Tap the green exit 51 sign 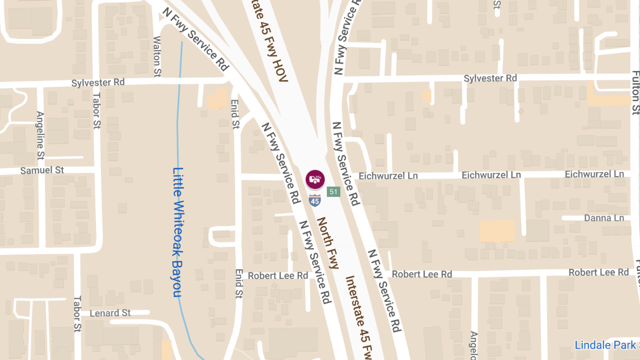[x=333, y=191]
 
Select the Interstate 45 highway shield [x=315, y=201]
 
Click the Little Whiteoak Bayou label [x=178, y=233]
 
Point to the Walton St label [x=157, y=56]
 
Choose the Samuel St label [x=42, y=171]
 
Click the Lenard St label [x=110, y=313]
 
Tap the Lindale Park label [x=605, y=345]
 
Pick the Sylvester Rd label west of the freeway [x=98, y=83]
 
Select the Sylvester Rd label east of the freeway [x=490, y=78]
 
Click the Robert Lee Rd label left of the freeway [x=278, y=276]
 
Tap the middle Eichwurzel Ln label [x=491, y=175]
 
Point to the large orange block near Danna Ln [x=497, y=231]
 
